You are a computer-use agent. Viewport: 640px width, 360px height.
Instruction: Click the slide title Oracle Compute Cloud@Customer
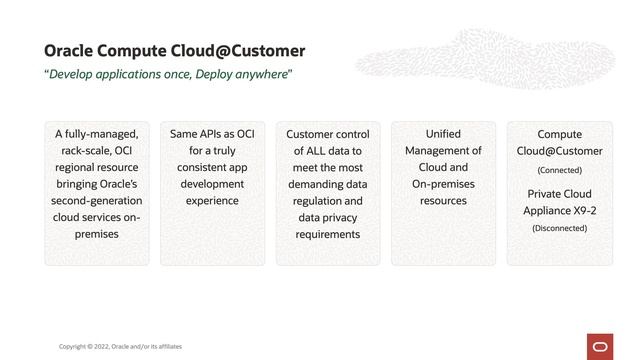pos(175,50)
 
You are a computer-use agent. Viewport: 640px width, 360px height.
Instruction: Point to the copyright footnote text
pos(120,346)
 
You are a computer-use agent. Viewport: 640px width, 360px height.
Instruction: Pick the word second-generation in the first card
pos(97,200)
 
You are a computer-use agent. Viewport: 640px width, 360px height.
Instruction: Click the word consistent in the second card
pos(203,167)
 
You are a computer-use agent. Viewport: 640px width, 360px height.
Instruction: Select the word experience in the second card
pos(212,200)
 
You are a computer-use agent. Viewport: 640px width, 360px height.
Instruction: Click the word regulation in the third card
pos(311,200)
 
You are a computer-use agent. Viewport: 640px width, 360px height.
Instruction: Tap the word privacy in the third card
pos(339,217)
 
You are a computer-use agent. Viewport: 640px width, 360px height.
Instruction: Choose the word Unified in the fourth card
pos(443,133)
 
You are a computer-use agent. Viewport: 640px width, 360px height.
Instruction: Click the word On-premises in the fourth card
pos(443,184)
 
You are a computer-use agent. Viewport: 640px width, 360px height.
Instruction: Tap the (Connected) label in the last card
pos(559,170)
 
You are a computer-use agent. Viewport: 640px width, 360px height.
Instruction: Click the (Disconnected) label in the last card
pos(559,228)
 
